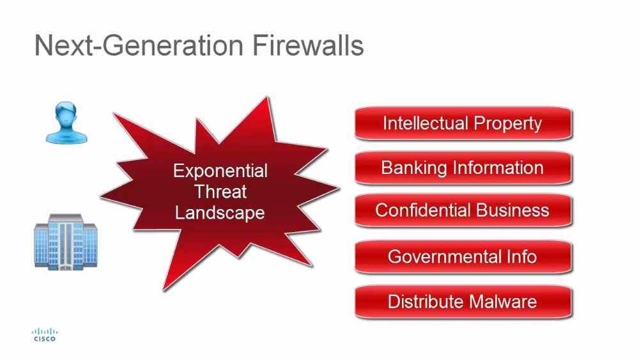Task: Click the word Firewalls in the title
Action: pos(308,45)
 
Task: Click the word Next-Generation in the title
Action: pos(139,45)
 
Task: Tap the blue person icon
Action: pos(66,122)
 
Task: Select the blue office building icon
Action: pos(66,241)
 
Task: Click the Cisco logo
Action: pos(45,334)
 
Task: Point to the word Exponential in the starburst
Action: pos(220,171)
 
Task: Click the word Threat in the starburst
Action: pos(220,192)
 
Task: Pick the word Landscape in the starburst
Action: pos(220,213)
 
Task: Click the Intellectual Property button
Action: pos(463,123)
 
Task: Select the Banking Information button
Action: pos(463,168)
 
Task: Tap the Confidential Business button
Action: pos(463,210)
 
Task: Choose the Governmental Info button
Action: pos(463,256)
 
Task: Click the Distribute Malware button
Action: pos(463,302)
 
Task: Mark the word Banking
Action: pos(413,168)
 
